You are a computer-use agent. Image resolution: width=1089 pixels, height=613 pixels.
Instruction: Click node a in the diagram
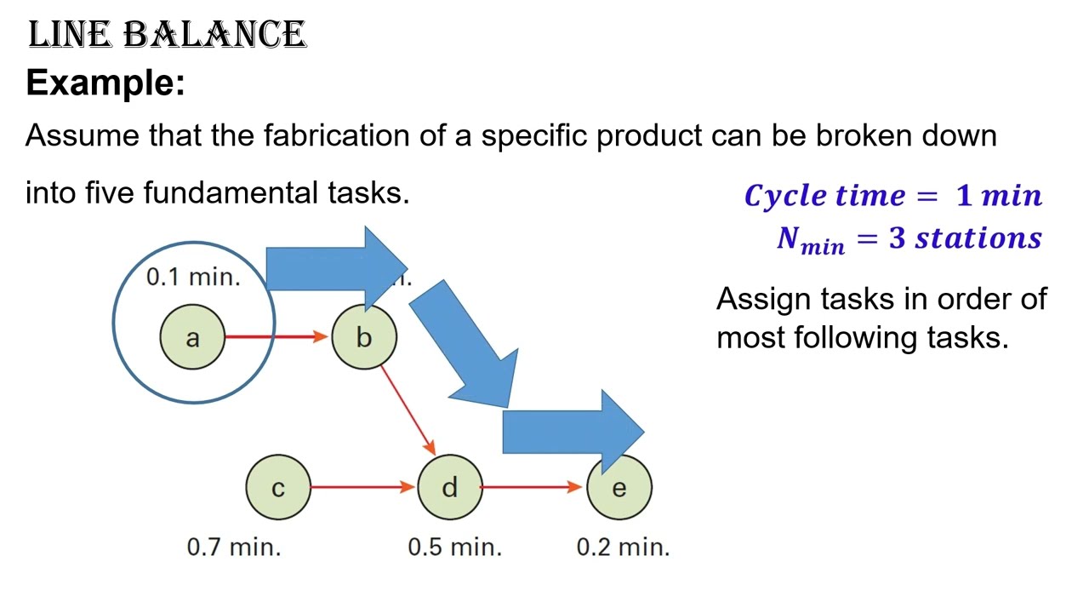[x=192, y=337]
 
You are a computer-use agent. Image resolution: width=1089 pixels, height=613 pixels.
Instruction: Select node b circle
[x=363, y=337]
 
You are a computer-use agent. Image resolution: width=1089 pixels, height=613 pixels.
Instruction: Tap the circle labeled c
[x=278, y=488]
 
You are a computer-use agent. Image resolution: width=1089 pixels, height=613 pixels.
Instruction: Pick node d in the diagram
[x=449, y=488]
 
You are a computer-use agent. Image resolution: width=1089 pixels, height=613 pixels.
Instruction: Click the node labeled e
[x=619, y=489]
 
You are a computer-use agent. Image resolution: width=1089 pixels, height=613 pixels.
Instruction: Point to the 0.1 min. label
[x=193, y=277]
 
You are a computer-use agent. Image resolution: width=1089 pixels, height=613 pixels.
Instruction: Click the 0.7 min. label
[x=233, y=547]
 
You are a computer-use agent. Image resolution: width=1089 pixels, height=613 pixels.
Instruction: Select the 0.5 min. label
[x=454, y=547]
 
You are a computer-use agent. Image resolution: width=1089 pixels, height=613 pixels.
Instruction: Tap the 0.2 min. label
[x=623, y=547]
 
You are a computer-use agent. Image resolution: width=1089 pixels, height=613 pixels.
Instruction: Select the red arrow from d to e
[x=532, y=487]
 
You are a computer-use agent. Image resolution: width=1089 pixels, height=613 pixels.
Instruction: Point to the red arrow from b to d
[x=408, y=410]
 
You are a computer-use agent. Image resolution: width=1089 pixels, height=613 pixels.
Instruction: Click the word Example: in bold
[x=105, y=83]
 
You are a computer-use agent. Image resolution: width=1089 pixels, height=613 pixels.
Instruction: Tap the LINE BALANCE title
[x=167, y=36]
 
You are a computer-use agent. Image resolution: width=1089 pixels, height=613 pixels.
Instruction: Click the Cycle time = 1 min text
[x=892, y=196]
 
